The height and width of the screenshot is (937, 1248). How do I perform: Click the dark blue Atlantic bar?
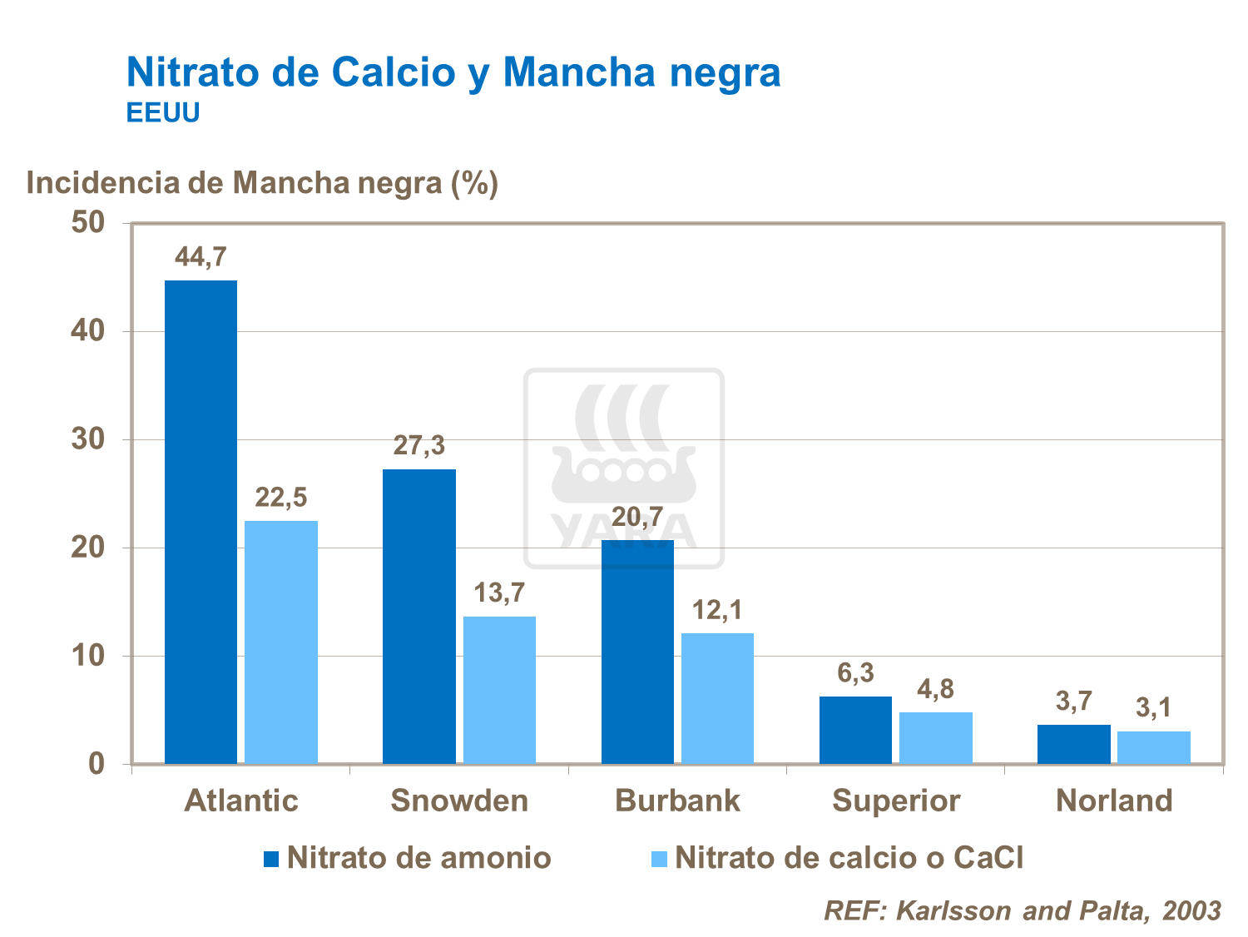[x=201, y=522]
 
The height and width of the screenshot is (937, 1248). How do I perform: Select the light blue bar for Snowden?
[x=499, y=690]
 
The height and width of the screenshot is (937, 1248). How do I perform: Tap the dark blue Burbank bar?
[x=637, y=652]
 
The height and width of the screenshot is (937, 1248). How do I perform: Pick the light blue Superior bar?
[x=936, y=737]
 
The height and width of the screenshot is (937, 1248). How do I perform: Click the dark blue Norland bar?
[x=1073, y=744]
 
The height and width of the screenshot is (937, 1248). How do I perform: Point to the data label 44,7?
[x=201, y=257]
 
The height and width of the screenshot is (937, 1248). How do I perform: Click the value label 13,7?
[x=499, y=593]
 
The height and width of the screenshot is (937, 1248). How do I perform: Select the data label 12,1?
[x=717, y=611]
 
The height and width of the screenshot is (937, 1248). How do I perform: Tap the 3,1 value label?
[x=1153, y=708]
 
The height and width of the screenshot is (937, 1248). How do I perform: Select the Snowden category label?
[x=459, y=801]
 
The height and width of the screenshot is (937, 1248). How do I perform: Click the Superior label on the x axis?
[x=896, y=801]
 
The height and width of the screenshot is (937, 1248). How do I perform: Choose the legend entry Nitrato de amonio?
[x=418, y=858]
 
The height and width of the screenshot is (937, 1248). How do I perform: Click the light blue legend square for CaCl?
[x=659, y=859]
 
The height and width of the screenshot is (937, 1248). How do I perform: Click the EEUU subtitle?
[x=163, y=113]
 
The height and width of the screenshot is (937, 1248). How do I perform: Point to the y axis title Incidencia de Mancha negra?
[x=262, y=182]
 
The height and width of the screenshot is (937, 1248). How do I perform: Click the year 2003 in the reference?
[x=1191, y=910]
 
